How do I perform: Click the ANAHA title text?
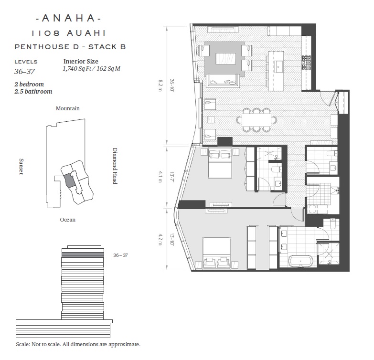click(69, 18)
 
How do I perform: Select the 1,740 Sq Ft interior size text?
click(77, 69)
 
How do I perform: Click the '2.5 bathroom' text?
click(33, 92)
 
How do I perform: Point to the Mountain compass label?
click(68, 108)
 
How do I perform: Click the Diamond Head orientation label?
click(115, 166)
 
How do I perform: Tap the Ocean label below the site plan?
click(68, 220)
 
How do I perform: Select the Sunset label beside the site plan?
click(21, 167)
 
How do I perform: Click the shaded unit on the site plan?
click(69, 180)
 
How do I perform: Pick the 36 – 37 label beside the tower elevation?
click(120, 255)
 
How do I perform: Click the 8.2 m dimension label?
click(160, 85)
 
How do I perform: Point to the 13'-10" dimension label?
click(172, 239)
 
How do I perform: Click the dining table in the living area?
click(256, 120)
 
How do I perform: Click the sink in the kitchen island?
click(278, 65)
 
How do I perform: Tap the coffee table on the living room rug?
click(225, 59)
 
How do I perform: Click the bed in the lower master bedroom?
click(217, 253)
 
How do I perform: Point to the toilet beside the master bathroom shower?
click(332, 223)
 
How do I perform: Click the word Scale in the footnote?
click(22, 345)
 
